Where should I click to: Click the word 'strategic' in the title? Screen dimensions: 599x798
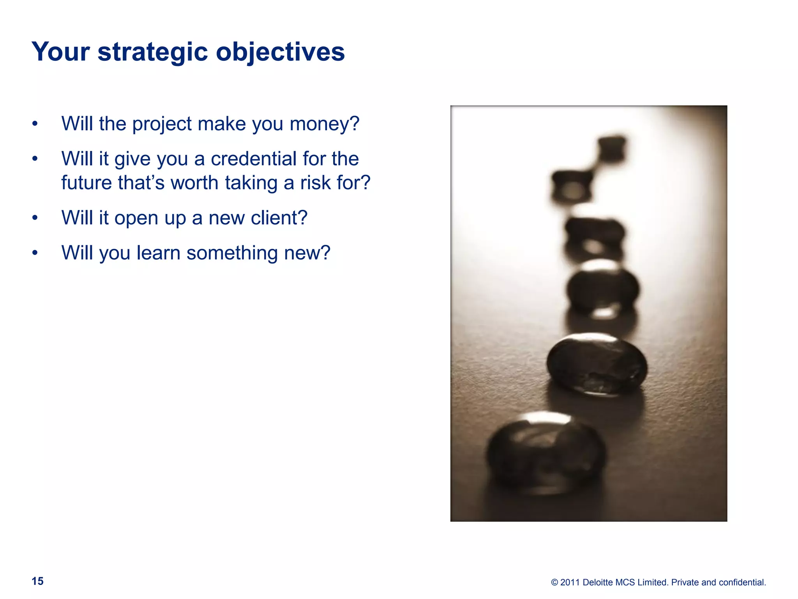click(x=152, y=52)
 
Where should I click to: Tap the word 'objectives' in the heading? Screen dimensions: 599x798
click(x=280, y=52)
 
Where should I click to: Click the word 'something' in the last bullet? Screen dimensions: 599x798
click(x=232, y=253)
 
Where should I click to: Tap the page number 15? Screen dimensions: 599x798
click(x=37, y=581)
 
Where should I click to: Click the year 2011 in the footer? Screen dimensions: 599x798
click(x=570, y=582)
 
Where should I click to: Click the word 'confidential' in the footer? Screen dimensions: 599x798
click(x=742, y=582)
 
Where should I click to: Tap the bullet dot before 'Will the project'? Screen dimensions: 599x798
click(x=35, y=124)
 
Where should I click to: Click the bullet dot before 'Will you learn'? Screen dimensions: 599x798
click(x=35, y=253)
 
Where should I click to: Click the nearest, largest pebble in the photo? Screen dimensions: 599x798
click(x=546, y=452)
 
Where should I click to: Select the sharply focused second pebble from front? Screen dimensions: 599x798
click(x=596, y=365)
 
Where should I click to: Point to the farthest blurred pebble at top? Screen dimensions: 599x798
click(x=612, y=148)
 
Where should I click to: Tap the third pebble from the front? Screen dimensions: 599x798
click(x=602, y=289)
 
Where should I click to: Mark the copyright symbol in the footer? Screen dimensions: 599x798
click(x=554, y=583)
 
